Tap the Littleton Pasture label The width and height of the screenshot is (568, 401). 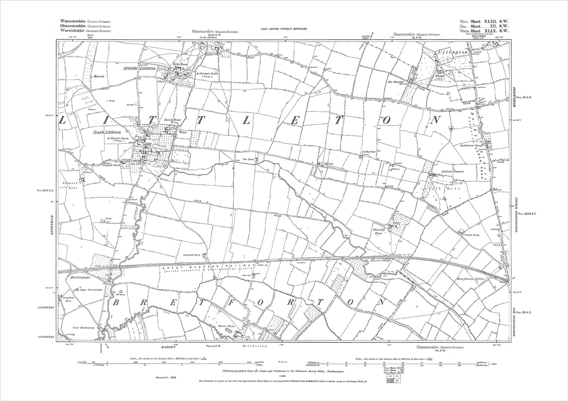453,171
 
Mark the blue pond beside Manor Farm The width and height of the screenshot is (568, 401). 228,332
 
